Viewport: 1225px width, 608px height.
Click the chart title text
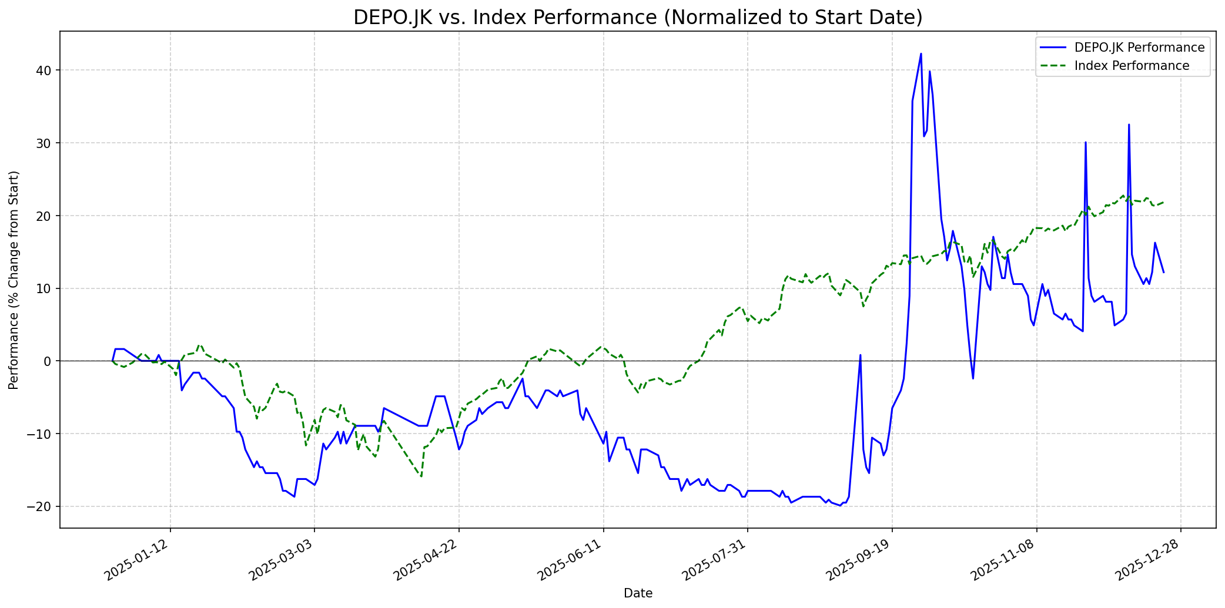click(638, 18)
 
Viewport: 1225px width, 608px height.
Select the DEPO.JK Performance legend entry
click(1139, 48)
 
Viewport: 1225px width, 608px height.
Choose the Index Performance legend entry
click(1132, 66)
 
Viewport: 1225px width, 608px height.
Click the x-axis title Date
click(638, 593)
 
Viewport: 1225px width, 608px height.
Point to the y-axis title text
click(14, 280)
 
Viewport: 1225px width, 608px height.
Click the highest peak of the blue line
click(921, 53)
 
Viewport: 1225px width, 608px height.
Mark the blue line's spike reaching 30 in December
click(1086, 142)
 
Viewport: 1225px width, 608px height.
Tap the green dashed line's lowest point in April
click(421, 476)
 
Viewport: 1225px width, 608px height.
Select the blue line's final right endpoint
click(1163, 272)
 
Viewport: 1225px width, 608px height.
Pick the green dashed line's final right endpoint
click(1163, 202)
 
